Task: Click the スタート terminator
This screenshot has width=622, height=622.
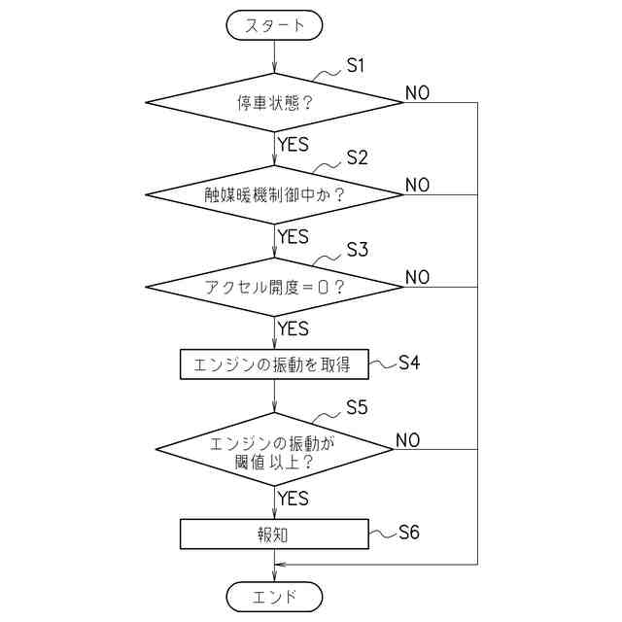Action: click(274, 25)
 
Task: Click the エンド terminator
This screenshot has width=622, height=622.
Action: click(274, 594)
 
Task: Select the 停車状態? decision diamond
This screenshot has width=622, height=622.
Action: click(274, 101)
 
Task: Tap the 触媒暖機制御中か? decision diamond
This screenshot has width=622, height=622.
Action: click(274, 193)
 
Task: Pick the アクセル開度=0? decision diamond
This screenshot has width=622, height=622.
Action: click(274, 287)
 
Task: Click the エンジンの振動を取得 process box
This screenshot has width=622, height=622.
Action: click(274, 364)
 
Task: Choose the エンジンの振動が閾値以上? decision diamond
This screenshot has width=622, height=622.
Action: click(274, 449)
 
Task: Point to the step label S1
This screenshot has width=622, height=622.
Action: click(356, 65)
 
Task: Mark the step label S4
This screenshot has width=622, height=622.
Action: click(409, 363)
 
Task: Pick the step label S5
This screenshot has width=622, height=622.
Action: click(356, 407)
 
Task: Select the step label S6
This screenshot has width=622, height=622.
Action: click(409, 532)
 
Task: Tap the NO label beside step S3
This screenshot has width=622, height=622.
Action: click(417, 278)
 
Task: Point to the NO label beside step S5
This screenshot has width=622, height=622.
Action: click(407, 440)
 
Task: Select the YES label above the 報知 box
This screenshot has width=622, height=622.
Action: click(293, 499)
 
